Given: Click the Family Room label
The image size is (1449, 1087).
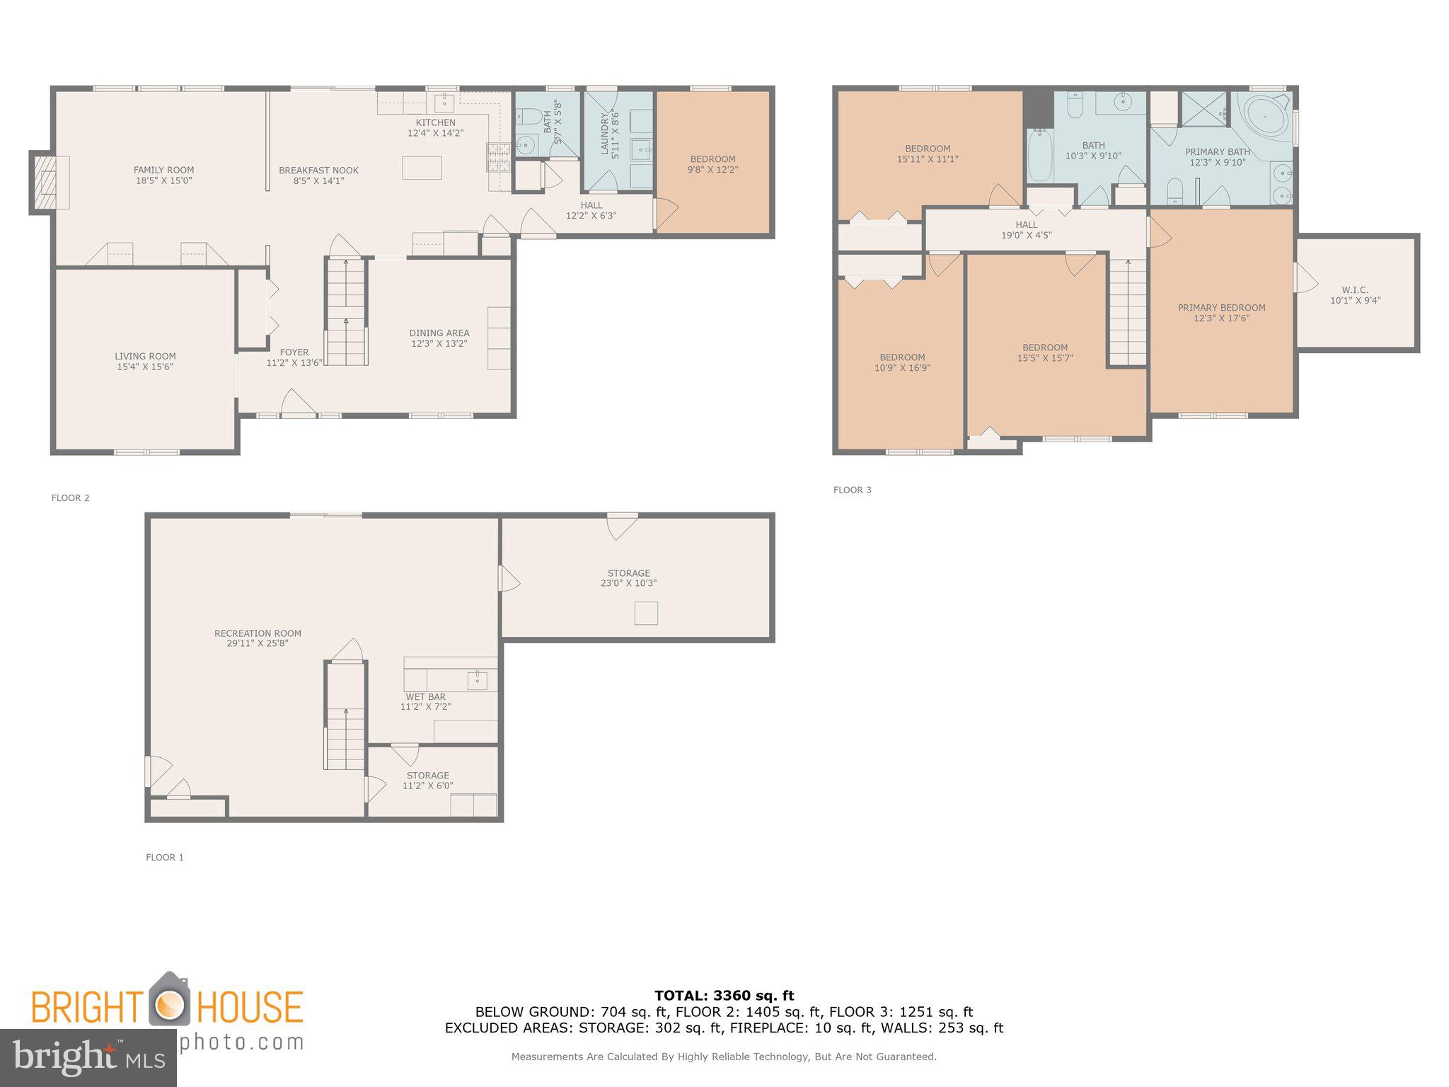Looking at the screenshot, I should [163, 170].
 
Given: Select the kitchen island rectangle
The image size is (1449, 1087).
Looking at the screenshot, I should [422, 168].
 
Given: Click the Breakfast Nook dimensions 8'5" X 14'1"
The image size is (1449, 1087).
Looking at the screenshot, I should [318, 180].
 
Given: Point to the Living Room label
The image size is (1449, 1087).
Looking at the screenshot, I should [145, 356].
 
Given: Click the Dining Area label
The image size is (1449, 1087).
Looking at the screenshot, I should [439, 333].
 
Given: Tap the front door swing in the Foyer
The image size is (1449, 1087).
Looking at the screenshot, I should [296, 403].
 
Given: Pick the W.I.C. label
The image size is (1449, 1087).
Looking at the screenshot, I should [1355, 289].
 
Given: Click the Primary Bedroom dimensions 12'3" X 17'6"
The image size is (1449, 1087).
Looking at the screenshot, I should [1221, 318].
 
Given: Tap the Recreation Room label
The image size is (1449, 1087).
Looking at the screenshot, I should [258, 633].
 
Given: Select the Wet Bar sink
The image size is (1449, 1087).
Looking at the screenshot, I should [478, 681].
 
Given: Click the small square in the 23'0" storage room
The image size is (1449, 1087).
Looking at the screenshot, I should [646, 613].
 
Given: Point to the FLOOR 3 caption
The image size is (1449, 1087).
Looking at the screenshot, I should [852, 490].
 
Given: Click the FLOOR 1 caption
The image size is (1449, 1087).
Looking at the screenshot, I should [164, 857].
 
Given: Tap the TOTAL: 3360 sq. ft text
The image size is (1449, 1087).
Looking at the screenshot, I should [724, 996].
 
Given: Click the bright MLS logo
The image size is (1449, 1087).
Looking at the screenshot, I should [88, 1058].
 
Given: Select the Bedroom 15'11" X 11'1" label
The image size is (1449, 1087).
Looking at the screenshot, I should [927, 149].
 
